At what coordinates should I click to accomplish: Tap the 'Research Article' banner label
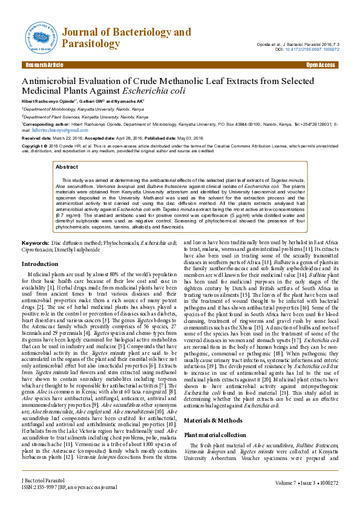43,65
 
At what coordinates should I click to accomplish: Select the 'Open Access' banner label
321,65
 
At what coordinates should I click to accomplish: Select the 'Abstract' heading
67,166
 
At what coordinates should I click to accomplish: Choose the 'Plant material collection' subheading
215,435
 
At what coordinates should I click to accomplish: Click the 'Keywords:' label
36,242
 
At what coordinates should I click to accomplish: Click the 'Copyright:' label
34,146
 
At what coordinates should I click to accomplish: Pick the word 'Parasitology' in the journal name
90,44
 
